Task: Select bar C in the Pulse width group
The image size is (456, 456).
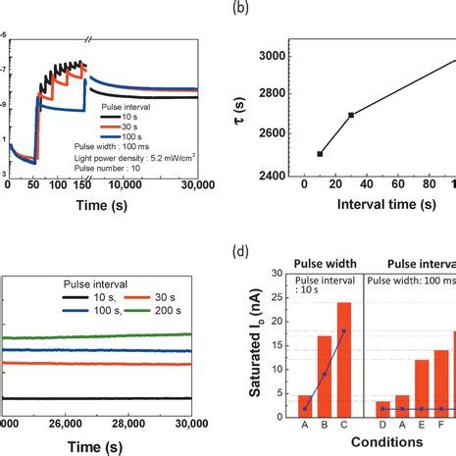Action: tap(344, 363)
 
